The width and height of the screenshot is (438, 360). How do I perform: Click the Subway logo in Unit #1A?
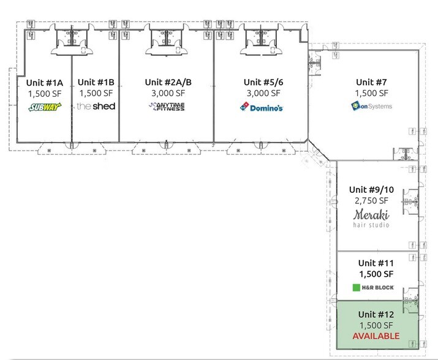(x=45, y=107)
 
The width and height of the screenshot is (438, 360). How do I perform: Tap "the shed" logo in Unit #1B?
(x=96, y=106)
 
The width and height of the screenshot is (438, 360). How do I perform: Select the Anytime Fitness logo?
(x=167, y=107)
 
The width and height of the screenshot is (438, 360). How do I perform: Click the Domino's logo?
(x=262, y=107)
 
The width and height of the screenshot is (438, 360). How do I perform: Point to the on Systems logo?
(x=371, y=106)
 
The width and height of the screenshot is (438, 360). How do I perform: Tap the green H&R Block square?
(x=357, y=287)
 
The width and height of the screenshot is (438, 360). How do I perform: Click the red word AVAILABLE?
(x=376, y=336)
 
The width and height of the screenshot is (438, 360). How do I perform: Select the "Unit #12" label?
(x=376, y=315)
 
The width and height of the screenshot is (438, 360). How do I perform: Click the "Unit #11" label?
(x=376, y=263)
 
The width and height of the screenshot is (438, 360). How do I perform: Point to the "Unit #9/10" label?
(x=371, y=190)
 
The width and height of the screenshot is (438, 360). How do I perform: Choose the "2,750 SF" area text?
(x=371, y=201)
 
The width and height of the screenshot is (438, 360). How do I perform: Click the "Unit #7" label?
(x=371, y=82)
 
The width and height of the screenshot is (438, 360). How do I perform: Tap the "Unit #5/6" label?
(x=263, y=82)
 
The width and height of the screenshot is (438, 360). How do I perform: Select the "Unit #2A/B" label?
(x=168, y=82)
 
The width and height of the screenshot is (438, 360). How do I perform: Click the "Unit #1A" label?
(x=45, y=83)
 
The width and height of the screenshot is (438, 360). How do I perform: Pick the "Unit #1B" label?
(x=96, y=82)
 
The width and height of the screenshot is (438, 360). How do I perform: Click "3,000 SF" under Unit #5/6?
(x=263, y=93)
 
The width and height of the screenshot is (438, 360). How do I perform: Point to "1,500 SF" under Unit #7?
(x=371, y=93)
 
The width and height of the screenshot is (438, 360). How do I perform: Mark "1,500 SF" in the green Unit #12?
(x=376, y=325)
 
